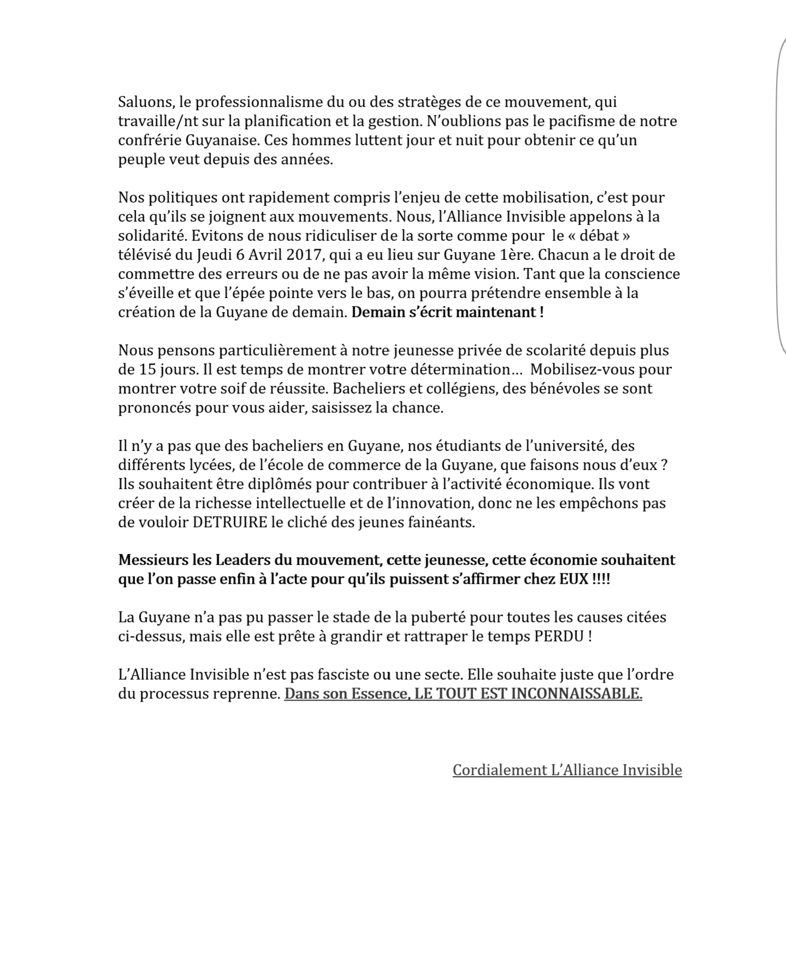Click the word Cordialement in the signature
pos(500,770)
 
